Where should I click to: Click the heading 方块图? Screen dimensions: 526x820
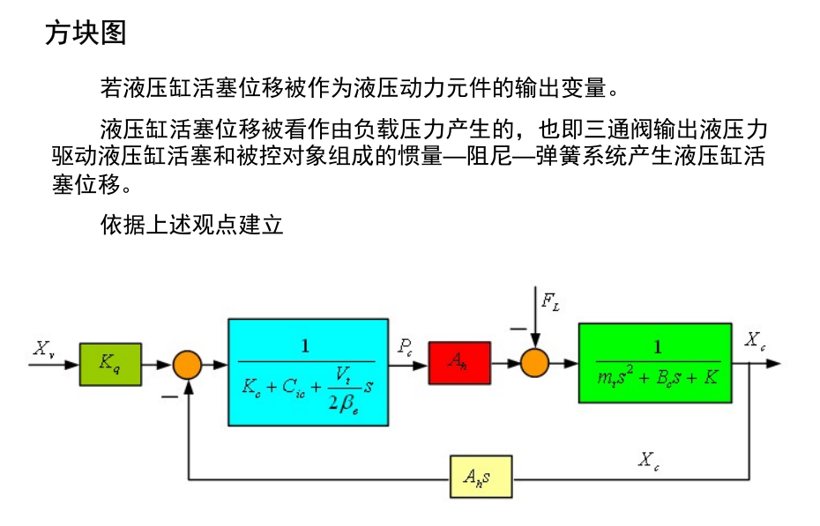coord(86,33)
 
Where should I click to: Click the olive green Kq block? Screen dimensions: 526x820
coord(110,363)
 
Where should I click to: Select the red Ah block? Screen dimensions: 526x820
coord(458,362)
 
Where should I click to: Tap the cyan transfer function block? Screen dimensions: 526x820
coord(308,373)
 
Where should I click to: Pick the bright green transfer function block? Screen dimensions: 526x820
coord(654,362)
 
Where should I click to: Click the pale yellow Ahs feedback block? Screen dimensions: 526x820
coord(480,478)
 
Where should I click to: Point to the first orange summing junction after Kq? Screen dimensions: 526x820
coord(187,363)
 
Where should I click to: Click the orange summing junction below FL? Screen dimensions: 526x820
coord(534,362)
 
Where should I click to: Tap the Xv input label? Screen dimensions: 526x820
coord(44,348)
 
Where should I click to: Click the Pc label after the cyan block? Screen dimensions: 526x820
coord(405,346)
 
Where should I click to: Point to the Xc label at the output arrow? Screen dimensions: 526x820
coord(755,339)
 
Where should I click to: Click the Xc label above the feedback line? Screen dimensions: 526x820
coord(649,460)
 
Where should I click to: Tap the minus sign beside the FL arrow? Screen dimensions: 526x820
coord(517,330)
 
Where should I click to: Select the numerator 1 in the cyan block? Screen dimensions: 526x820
coord(306,346)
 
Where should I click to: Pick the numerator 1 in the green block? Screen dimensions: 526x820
coord(656,346)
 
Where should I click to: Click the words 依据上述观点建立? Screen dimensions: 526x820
coord(192,226)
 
